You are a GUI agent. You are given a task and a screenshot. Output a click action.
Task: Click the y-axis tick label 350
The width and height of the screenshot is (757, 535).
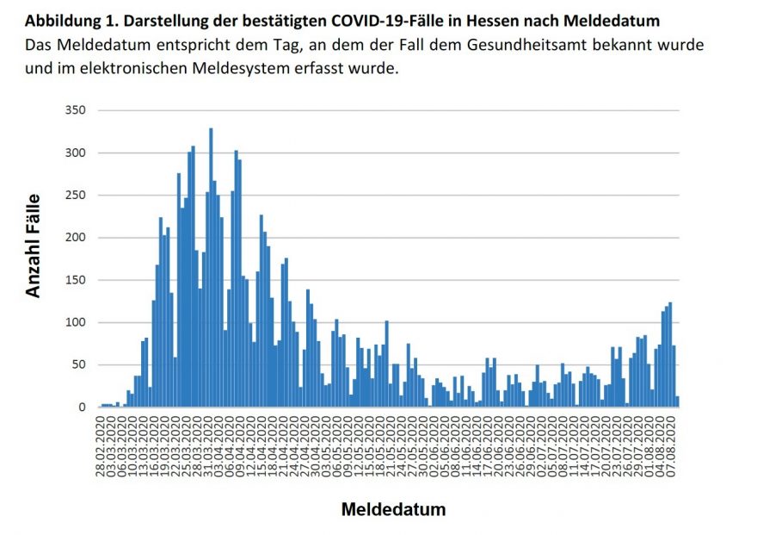[x=76, y=111]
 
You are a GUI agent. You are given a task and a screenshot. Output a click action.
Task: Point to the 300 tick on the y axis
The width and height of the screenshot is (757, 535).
[x=76, y=153]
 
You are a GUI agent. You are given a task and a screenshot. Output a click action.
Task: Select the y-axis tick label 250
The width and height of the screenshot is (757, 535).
[x=76, y=196]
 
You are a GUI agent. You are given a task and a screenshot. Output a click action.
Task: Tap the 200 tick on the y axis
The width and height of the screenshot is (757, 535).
[x=76, y=238]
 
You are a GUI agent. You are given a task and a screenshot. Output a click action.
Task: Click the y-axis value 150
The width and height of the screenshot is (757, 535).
[x=76, y=280]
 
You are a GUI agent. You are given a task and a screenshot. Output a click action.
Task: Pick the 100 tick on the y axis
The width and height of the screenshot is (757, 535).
[x=76, y=322]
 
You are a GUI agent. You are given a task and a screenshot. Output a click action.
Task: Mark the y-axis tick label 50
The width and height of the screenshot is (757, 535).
[x=79, y=364]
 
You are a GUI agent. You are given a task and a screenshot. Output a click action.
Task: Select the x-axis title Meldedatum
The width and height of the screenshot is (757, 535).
[x=393, y=509]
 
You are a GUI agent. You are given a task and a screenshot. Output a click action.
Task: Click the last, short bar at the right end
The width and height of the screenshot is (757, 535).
[x=678, y=401]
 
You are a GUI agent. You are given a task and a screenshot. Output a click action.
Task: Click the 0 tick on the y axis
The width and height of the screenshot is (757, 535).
[x=83, y=407]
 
